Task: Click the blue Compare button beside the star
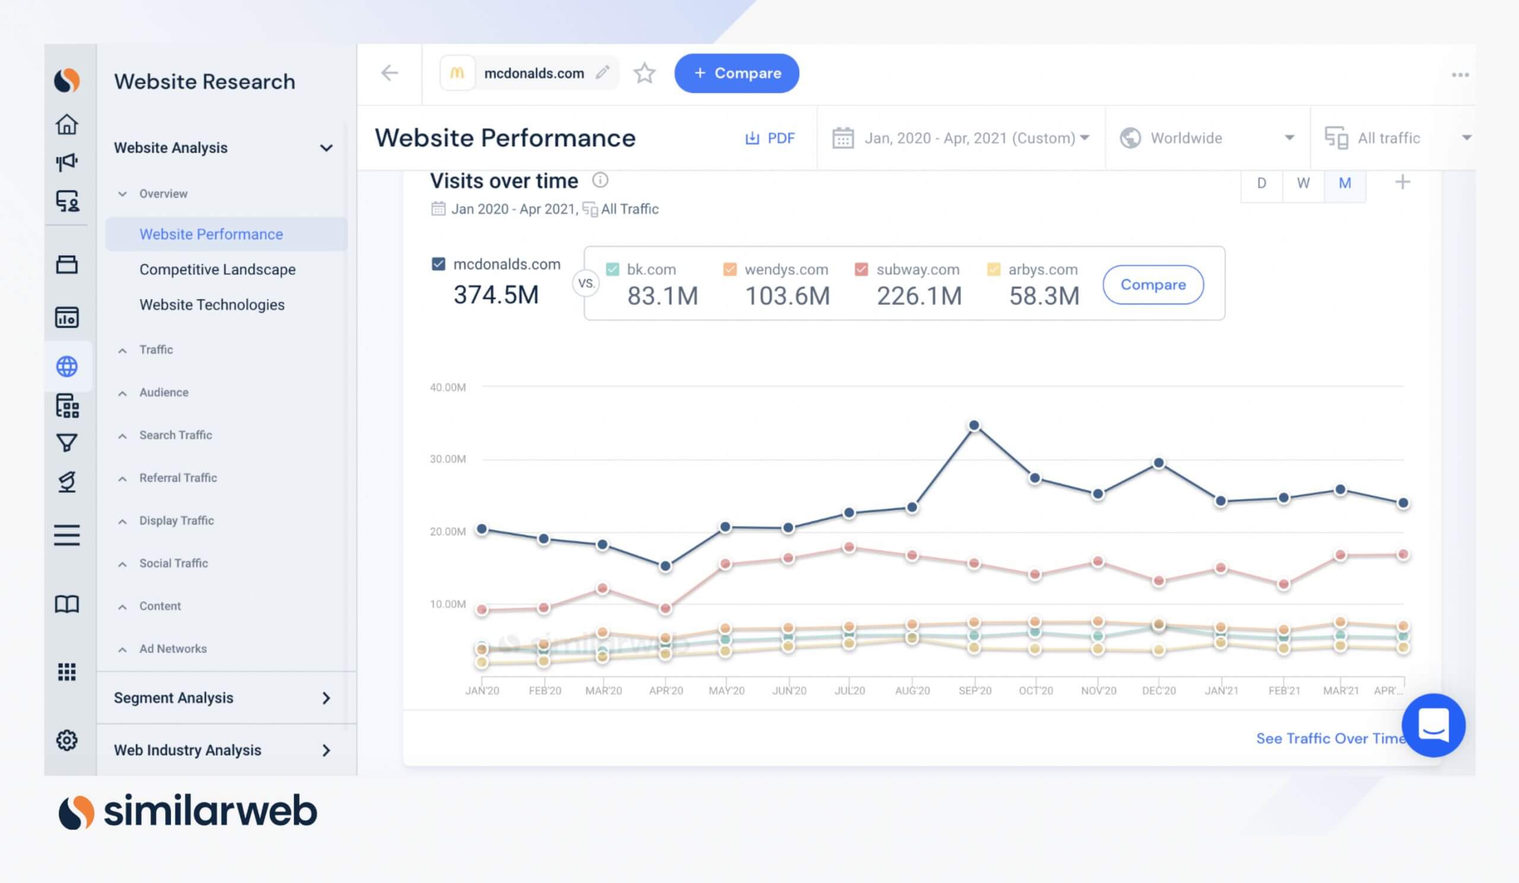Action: [736, 73]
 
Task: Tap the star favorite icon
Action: [644, 73]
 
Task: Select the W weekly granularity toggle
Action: [1302, 183]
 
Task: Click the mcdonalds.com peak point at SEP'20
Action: [974, 425]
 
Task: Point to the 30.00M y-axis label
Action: [447, 459]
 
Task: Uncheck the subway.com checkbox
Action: [861, 269]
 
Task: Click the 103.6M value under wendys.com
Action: [787, 296]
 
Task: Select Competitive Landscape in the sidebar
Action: [217, 269]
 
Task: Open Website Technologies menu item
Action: [212, 304]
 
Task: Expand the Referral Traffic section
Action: [178, 478]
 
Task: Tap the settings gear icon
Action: [67, 739]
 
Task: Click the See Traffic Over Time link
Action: [1329, 738]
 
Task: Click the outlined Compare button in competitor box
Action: [1152, 284]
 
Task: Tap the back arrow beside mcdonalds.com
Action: [389, 73]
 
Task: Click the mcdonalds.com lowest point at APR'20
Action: [665, 566]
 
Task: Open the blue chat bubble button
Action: [1433, 725]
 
